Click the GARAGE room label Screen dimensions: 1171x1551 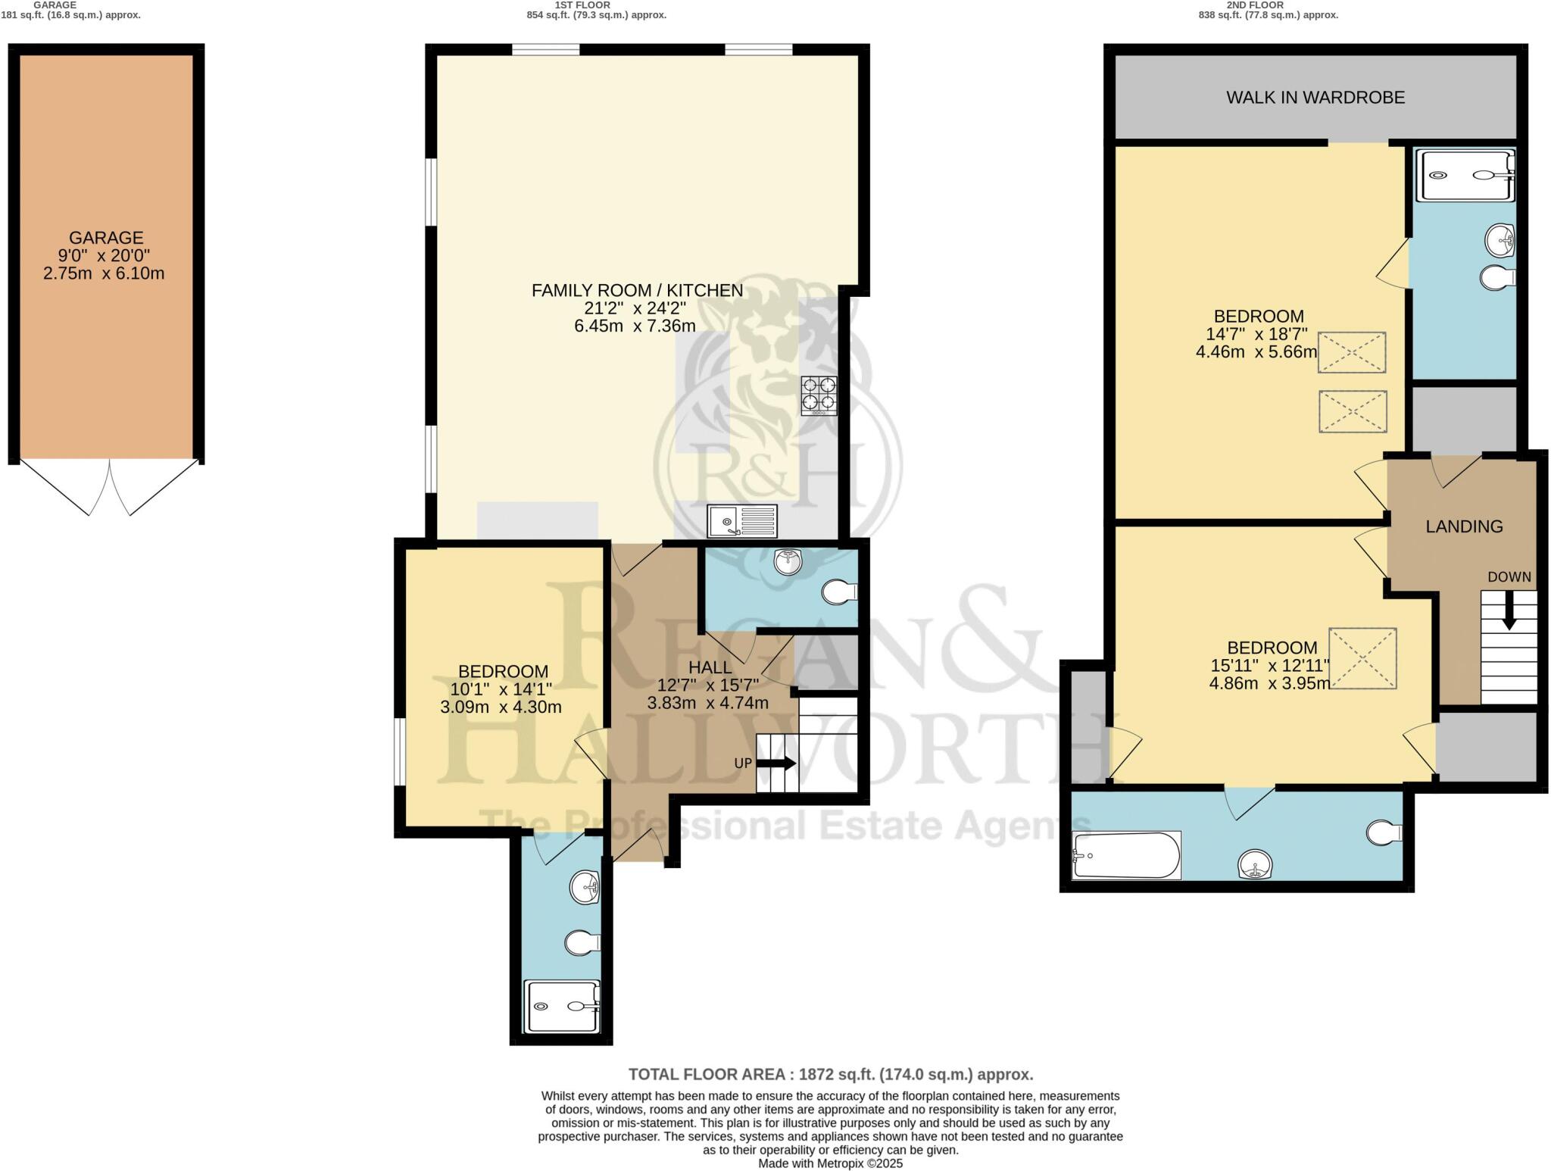pos(106,238)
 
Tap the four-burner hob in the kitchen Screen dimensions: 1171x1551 pos(819,395)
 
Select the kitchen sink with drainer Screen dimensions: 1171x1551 pos(742,521)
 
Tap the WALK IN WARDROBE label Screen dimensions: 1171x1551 pos(1315,98)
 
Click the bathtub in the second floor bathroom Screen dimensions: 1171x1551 pos(1127,856)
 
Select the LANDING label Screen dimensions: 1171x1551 pos(1464,526)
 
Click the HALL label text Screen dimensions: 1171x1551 pos(710,667)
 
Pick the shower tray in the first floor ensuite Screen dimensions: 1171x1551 pos(563,1006)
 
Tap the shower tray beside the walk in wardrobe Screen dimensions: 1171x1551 pos(1465,175)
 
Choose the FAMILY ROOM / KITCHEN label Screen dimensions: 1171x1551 pos(637,290)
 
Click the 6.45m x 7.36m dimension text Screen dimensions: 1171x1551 pos(635,326)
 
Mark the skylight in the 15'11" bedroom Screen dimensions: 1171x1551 pos(1362,658)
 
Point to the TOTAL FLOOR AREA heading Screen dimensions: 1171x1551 pos(830,1074)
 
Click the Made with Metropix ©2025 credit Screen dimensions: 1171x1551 pos(830,1163)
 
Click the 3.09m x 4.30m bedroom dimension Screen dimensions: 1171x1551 pos(501,707)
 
